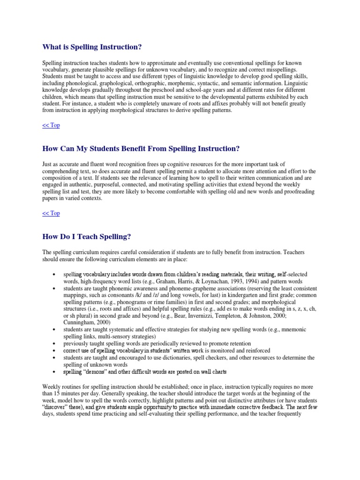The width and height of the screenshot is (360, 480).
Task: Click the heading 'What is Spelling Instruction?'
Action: click(92, 47)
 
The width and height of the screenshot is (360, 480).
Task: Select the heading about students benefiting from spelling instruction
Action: click(141, 149)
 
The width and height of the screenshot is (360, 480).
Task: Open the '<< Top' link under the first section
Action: click(51, 125)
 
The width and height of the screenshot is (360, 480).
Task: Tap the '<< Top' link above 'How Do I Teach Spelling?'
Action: click(51, 213)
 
